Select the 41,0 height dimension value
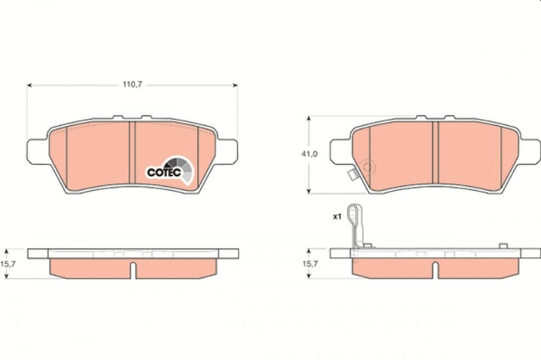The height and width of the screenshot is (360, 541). [x=309, y=155]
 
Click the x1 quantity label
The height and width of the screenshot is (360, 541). [x=337, y=217]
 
